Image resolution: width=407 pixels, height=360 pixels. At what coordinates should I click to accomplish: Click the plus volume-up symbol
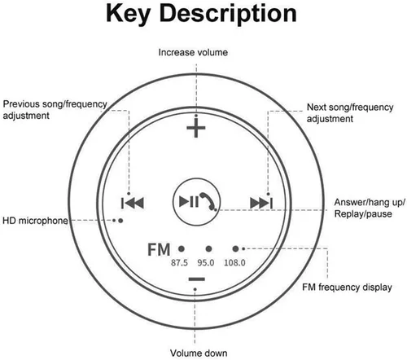click(x=196, y=128)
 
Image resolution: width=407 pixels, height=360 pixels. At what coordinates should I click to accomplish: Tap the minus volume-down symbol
click(x=196, y=279)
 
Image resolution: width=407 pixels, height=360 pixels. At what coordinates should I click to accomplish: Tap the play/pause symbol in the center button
click(x=189, y=202)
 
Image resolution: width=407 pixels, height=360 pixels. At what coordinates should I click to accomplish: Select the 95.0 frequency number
click(x=208, y=261)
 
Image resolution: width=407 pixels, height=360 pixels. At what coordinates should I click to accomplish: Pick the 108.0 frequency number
click(x=235, y=261)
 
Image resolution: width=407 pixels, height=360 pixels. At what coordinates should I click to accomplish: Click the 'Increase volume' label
click(x=193, y=53)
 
